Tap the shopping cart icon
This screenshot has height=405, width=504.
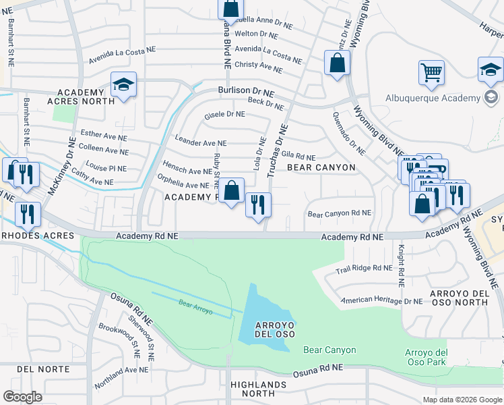pyautogui.click(x=431, y=72)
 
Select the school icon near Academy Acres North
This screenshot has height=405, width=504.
pyautogui.click(x=124, y=85)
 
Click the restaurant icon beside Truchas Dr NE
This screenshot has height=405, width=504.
pyautogui.click(x=258, y=204)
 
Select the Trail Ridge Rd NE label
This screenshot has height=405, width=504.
pyautogui.click(x=364, y=269)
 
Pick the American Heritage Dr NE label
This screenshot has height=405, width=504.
pyautogui.click(x=381, y=300)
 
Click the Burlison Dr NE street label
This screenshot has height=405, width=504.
pyautogui.click(x=246, y=90)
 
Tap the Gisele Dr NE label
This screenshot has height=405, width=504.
pyautogui.click(x=225, y=114)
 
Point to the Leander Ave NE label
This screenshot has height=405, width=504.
pyautogui.click(x=201, y=143)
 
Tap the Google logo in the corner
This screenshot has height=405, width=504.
pyautogui.click(x=23, y=397)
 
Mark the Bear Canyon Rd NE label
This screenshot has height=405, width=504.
pyautogui.click(x=340, y=213)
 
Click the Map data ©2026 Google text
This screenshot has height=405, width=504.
pyautogui.click(x=462, y=400)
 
